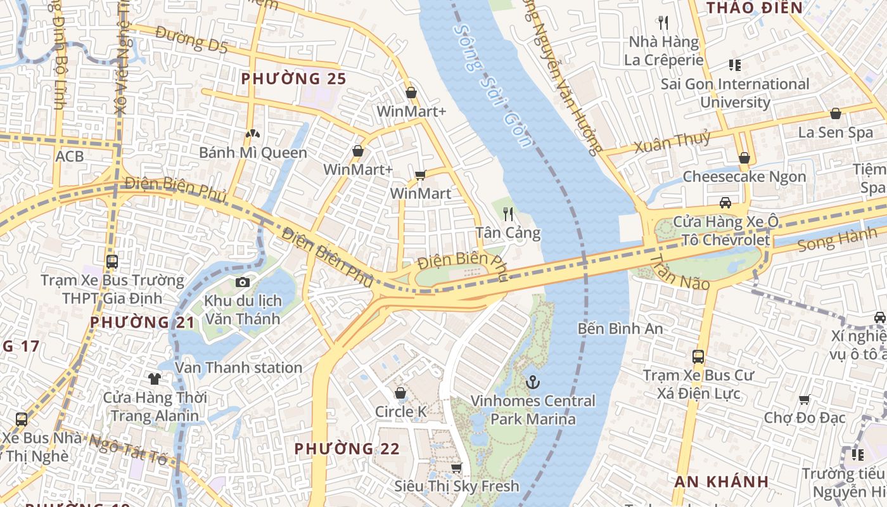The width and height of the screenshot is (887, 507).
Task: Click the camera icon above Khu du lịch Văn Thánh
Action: [242, 283]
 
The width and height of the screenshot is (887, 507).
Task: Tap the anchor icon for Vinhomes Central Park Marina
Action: [533, 382]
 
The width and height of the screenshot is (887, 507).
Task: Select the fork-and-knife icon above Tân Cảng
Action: [507, 214]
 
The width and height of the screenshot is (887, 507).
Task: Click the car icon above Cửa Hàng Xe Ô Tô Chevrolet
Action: [725, 203]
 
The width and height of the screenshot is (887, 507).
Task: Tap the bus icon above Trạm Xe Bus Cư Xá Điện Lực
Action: [698, 357]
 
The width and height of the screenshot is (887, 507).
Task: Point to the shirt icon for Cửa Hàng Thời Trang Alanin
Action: [155, 379]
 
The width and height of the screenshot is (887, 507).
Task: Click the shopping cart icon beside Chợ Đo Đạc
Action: [805, 399]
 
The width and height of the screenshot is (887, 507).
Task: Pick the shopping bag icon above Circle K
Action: [400, 393]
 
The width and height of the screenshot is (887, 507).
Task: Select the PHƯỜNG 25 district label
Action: [294, 79]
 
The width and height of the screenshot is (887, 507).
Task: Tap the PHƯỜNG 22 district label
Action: [347, 449]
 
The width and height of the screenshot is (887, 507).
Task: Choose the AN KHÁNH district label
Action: [722, 481]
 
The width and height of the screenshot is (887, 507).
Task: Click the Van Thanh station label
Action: [238, 368]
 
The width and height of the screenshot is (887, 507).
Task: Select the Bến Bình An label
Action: [620, 328]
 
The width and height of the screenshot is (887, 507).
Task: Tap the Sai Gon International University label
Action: [735, 93]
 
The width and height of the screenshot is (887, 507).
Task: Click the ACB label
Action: [70, 156]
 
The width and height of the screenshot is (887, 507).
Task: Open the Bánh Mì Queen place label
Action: [253, 153]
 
